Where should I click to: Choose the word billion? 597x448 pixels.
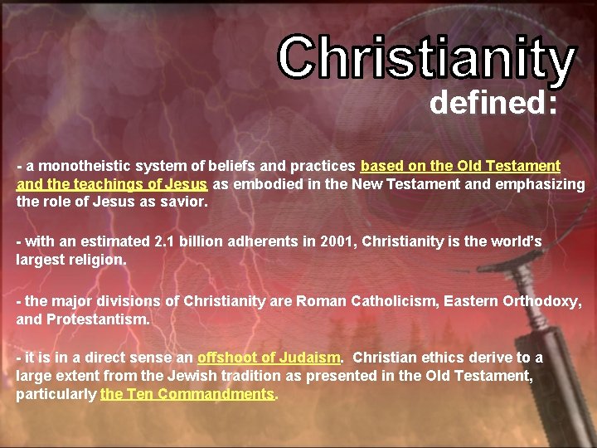click(200, 241)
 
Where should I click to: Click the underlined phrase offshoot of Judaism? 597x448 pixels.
click(269, 358)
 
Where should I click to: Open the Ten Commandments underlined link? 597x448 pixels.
click(187, 394)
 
